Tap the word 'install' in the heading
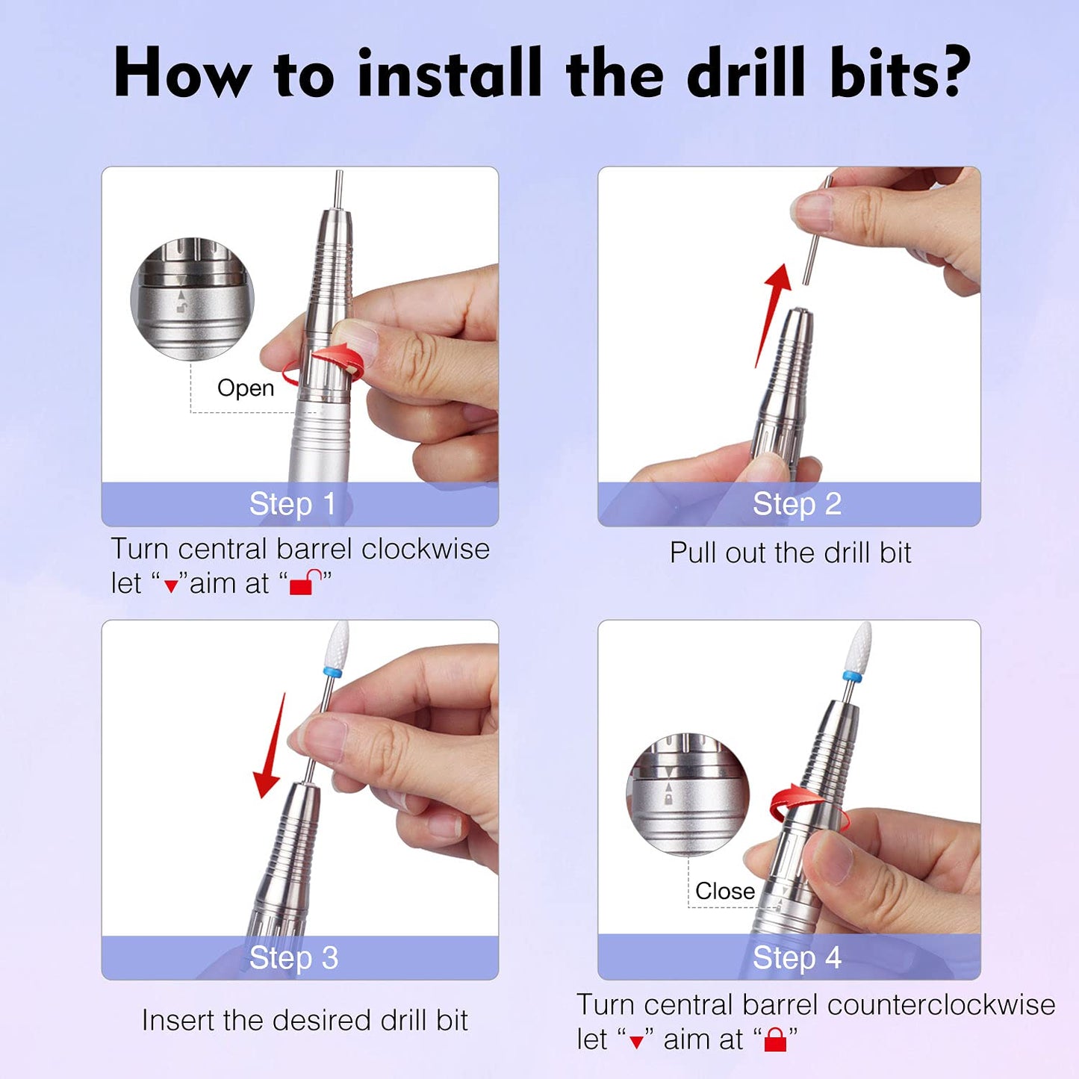(449, 73)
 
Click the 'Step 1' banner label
(292, 504)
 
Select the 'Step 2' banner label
(797, 504)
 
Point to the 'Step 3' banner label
(293, 958)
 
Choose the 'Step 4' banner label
(797, 958)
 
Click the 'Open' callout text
(246, 388)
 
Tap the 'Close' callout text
(724, 891)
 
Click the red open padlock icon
(305, 582)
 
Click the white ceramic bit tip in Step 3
(338, 644)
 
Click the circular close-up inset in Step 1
(192, 299)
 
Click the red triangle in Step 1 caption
(171, 585)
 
